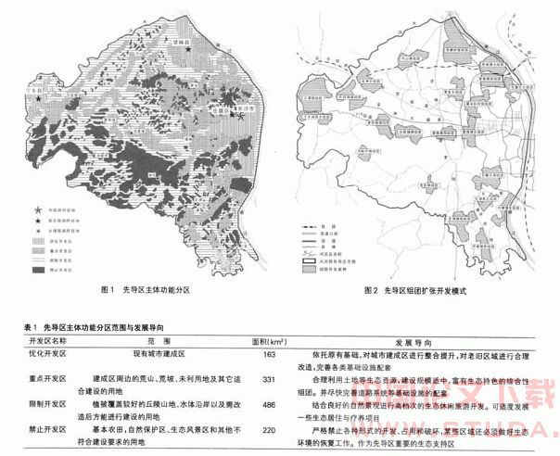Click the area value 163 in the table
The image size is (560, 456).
(270, 355)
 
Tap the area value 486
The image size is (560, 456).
(270, 405)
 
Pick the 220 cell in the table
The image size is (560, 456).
(270, 431)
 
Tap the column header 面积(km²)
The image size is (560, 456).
(269, 341)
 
